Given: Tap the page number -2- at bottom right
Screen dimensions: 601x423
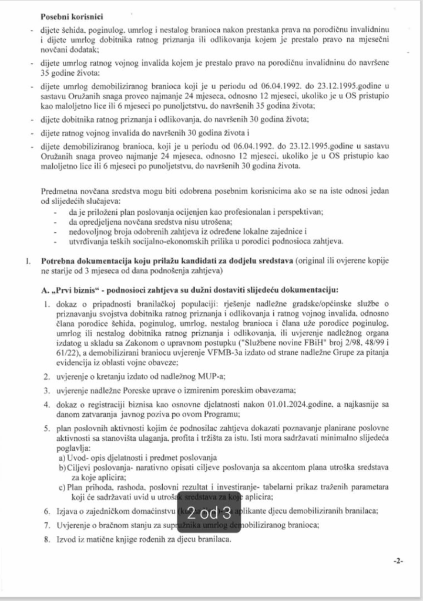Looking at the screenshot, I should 397,561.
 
